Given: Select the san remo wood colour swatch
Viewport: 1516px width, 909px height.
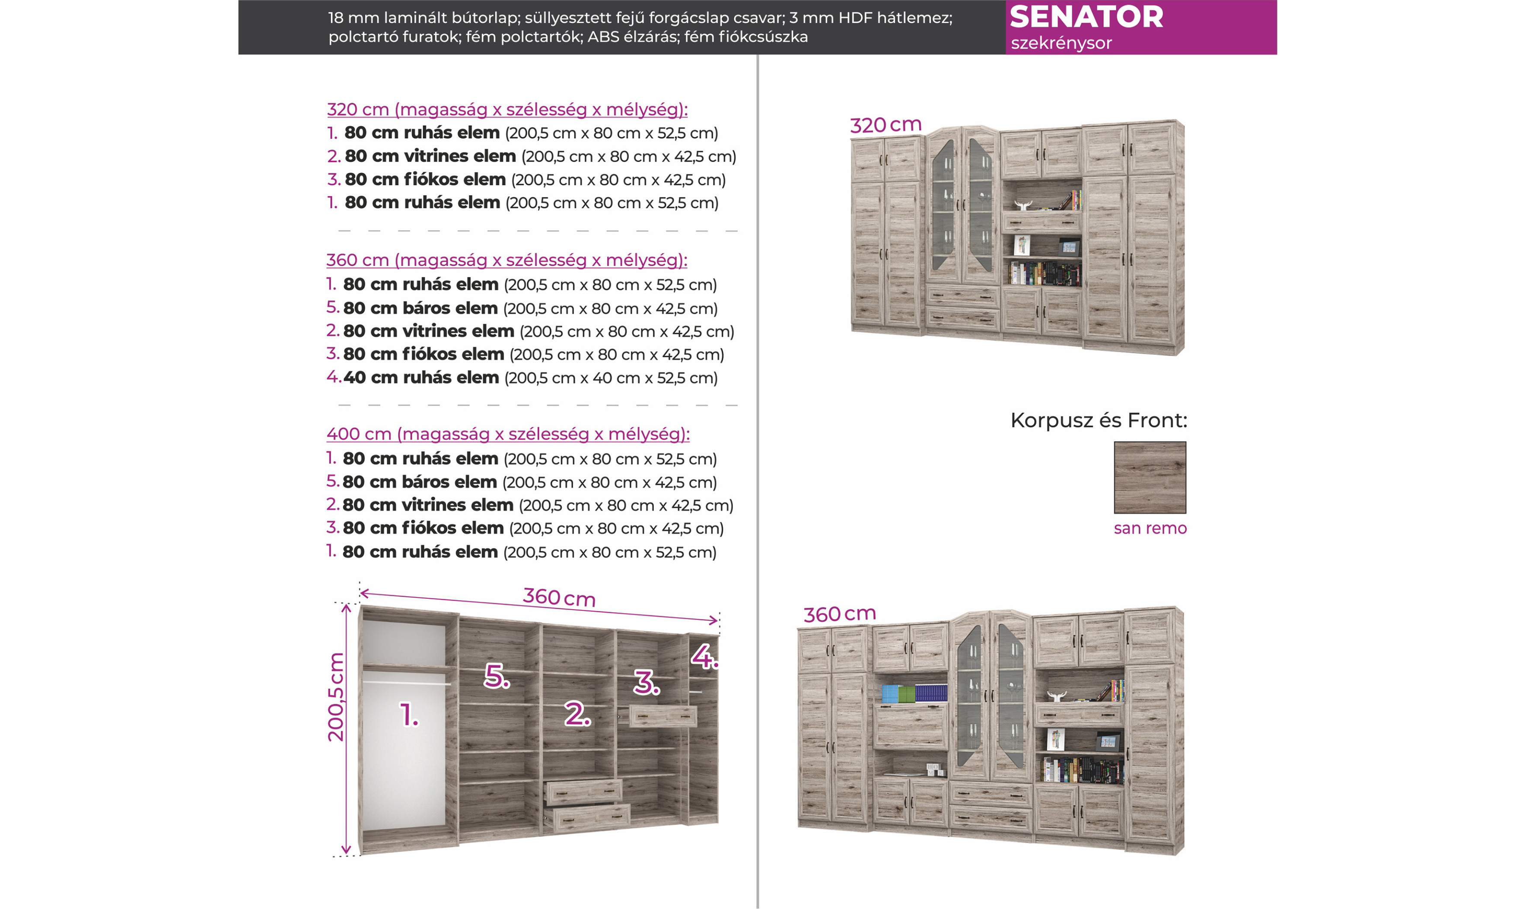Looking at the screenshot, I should tap(1150, 477).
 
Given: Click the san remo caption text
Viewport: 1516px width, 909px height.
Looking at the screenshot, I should tap(1150, 528).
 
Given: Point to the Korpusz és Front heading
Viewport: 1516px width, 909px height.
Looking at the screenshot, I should tap(1098, 420).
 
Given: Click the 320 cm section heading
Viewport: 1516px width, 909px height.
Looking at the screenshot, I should tap(507, 110).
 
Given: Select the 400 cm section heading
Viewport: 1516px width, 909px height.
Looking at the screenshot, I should tap(508, 434).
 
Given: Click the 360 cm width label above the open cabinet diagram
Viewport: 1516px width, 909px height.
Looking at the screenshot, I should tap(559, 597).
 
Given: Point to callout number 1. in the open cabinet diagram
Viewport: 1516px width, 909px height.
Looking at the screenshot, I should tap(408, 715).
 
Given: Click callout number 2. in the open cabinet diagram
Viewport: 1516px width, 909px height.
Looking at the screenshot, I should tap(577, 714).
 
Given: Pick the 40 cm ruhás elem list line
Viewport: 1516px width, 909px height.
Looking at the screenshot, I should tap(522, 377).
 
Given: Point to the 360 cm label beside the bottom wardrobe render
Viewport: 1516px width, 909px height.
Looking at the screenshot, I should tap(839, 614).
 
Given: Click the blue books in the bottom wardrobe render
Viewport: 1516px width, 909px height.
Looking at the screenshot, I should tap(930, 693).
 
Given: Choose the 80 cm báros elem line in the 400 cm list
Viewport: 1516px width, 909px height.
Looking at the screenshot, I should tap(521, 482).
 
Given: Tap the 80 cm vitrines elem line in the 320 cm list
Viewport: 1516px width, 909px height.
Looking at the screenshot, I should tap(532, 156).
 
